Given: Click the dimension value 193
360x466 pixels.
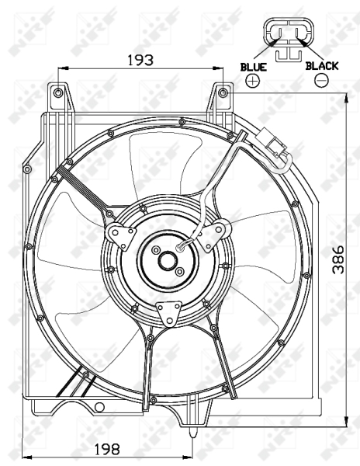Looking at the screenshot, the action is click(x=140, y=60).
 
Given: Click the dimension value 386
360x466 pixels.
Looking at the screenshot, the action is click(x=338, y=259).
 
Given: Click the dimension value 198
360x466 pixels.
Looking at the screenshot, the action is click(x=107, y=449).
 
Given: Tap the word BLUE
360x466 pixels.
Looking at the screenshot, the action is click(x=253, y=67).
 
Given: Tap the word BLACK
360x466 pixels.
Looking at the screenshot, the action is click(x=322, y=66).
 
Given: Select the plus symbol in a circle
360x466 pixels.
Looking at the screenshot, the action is click(x=253, y=80).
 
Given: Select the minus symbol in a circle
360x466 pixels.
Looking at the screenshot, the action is click(x=321, y=80).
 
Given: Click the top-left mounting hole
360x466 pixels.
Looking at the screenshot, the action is click(x=58, y=93).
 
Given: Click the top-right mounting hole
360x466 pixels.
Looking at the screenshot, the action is click(x=223, y=93).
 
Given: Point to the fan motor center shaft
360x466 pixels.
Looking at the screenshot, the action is click(x=168, y=261).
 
